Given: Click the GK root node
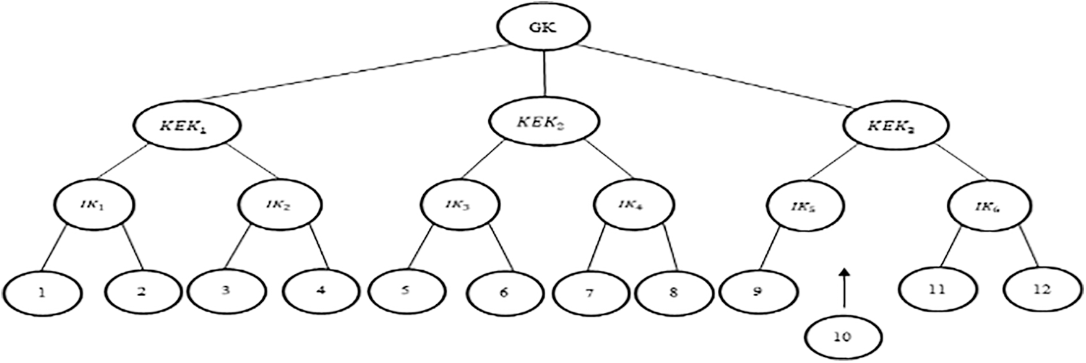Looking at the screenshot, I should click(x=544, y=27).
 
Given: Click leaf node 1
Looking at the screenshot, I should click(x=42, y=291).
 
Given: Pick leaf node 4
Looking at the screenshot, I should click(x=320, y=290).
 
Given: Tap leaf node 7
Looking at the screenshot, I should click(x=589, y=292).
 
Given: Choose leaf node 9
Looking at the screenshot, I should click(x=757, y=291).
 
